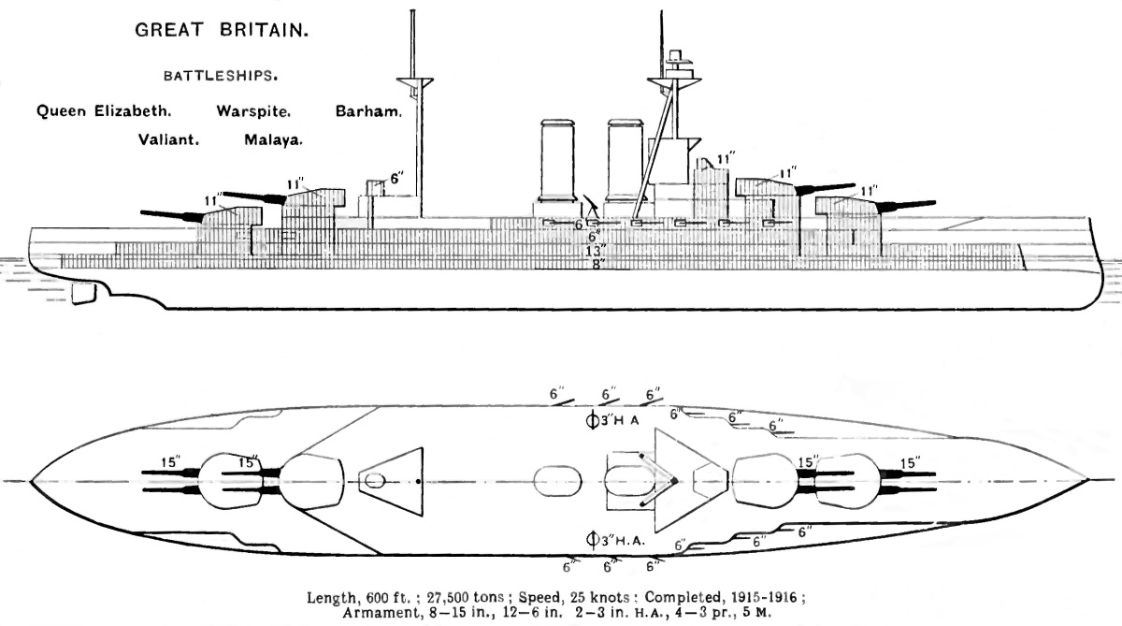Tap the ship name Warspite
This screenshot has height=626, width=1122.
coord(254,110)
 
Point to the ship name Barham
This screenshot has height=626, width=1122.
coord(368,110)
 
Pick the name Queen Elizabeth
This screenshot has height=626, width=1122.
coord(103,110)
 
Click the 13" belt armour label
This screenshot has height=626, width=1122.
coord(597,250)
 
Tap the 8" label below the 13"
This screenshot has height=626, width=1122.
coord(597,264)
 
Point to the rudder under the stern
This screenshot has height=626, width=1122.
coord(83,292)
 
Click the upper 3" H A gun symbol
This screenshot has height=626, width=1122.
coord(591,419)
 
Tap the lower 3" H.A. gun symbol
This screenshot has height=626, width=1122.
coord(591,539)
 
